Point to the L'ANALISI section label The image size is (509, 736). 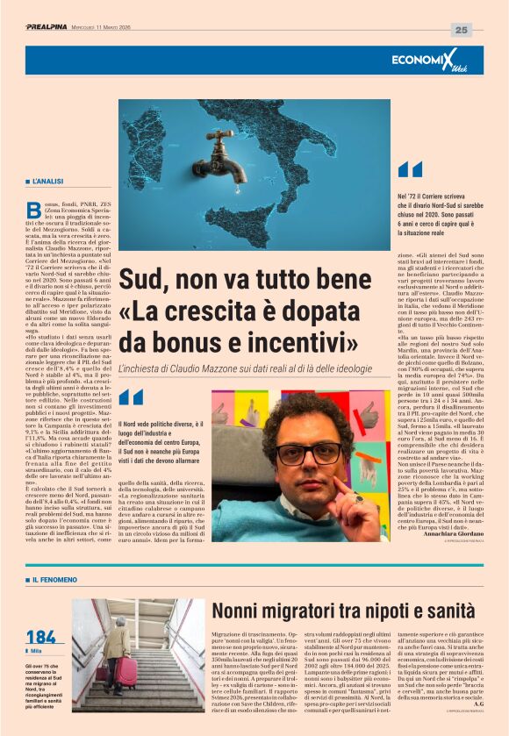tap(47, 181)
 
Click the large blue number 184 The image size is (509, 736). tap(41, 637)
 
